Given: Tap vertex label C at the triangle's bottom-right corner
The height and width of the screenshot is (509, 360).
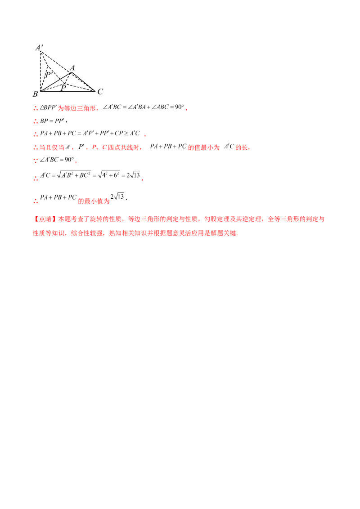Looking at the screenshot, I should click(103, 92).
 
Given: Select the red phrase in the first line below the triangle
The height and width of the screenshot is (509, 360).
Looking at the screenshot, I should click(77, 107).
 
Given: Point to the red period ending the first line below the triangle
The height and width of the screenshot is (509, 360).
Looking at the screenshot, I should click(186, 108).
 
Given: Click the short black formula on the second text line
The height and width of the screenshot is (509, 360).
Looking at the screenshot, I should click(53, 121).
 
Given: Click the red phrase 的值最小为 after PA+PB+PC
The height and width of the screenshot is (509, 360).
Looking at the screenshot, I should click(204, 147).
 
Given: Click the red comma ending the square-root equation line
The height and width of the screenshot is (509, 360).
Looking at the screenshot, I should click(142, 179).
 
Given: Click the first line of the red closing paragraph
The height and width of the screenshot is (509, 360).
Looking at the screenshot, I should click(180, 219).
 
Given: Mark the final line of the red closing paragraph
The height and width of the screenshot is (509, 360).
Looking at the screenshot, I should click(135, 233).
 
